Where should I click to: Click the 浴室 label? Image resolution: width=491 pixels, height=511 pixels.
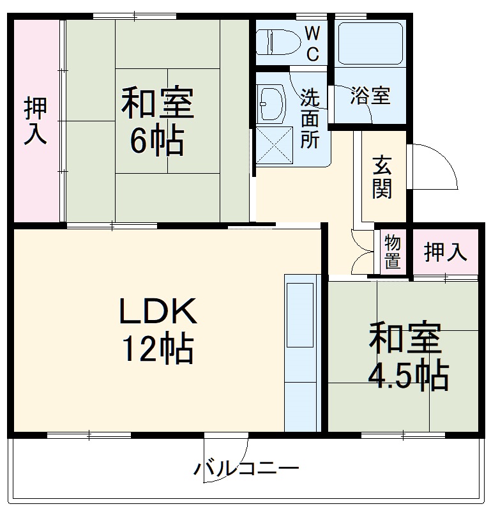pyautogui.click(x=370, y=97)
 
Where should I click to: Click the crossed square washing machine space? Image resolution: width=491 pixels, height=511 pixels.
pyautogui.click(x=275, y=146)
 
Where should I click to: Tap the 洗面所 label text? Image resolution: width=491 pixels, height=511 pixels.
pyautogui.click(x=310, y=119)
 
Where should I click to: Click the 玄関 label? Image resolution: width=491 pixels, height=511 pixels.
pyautogui.click(x=382, y=176)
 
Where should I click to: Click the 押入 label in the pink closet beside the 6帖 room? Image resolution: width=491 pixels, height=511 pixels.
pyautogui.click(x=36, y=121)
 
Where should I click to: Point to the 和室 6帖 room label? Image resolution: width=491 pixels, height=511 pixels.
pyautogui.click(x=157, y=123)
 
